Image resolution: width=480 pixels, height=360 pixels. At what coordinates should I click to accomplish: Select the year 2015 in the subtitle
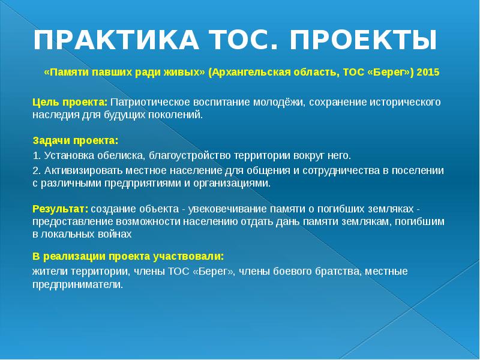[x=428, y=72]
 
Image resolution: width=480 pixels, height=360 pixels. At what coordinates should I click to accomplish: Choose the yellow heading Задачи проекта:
[x=75, y=141]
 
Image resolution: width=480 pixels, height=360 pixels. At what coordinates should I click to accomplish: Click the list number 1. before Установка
[x=37, y=156]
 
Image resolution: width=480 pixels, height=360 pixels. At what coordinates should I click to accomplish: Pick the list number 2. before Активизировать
[x=37, y=170]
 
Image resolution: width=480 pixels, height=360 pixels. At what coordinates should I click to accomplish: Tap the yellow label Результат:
[x=60, y=209]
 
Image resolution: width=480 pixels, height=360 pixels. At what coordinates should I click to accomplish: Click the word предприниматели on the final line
[x=77, y=284]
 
